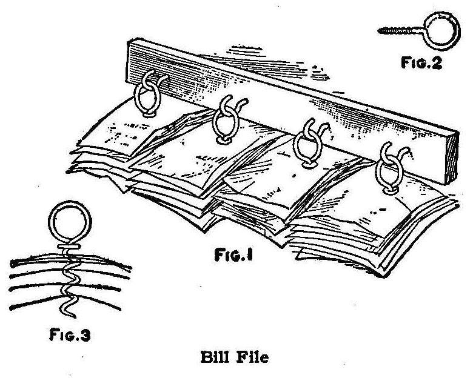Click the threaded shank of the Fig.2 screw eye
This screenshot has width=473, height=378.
388,28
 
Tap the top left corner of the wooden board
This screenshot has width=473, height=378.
129,41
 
